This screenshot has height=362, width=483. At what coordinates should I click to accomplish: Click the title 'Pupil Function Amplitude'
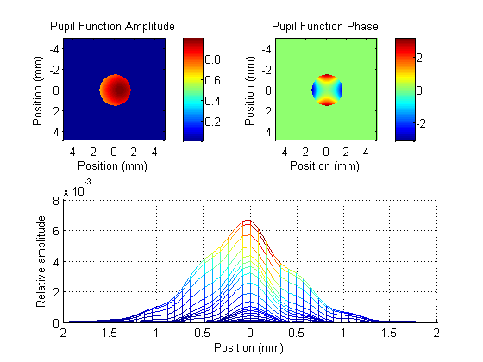[x=112, y=27]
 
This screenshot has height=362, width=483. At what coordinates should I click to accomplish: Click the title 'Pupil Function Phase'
[x=325, y=27]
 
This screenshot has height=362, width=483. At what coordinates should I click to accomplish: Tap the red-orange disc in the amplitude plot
[x=116, y=90]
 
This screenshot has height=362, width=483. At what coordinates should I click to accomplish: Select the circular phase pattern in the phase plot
[x=327, y=90]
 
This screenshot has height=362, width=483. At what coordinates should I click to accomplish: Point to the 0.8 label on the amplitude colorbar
[x=213, y=59]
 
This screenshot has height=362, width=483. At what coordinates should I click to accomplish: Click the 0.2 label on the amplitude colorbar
[x=213, y=122]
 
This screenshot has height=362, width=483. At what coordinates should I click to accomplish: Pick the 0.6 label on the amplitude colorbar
[x=213, y=80]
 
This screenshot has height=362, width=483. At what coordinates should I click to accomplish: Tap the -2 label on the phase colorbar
[x=422, y=124]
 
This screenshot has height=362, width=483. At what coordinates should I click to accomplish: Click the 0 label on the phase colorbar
[x=419, y=90]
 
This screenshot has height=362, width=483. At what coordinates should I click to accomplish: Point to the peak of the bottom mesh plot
[x=248, y=221]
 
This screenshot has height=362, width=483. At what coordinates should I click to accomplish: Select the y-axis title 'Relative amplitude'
[x=41, y=262]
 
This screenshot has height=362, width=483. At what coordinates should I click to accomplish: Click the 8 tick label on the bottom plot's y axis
[x=56, y=202]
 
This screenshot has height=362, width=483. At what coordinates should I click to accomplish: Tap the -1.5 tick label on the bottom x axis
[x=108, y=333]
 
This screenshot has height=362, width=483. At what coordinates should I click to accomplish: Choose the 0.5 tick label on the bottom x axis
[x=297, y=333]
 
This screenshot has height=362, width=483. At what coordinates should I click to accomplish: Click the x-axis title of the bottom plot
[x=249, y=348]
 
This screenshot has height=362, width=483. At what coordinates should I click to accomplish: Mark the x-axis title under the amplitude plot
[x=112, y=165]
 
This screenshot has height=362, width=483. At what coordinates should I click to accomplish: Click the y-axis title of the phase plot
[x=249, y=90]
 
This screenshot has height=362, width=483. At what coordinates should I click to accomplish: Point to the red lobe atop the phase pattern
[x=327, y=78]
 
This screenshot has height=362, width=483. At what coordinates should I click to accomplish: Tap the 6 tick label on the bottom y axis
[x=56, y=231]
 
